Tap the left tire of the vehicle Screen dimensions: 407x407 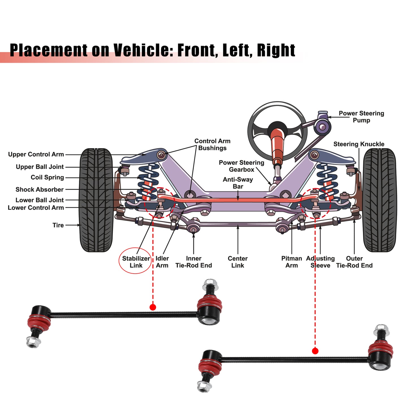(96, 200)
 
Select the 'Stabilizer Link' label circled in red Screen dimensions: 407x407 (136, 262)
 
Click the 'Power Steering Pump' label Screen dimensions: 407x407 (361, 116)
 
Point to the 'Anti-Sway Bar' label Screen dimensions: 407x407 (238, 183)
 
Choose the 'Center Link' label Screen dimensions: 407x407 (238, 262)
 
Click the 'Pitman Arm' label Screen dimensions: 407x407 (291, 262)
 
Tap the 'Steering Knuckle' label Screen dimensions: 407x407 (359, 144)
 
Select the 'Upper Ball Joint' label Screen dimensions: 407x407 (40, 167)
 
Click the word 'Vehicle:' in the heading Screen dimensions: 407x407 (143, 50)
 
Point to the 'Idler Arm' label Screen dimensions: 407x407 (162, 262)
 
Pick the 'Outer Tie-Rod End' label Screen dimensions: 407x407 (354, 262)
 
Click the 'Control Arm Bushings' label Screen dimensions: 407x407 (212, 144)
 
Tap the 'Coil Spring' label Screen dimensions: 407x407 (47, 177)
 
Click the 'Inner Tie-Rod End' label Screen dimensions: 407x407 (194, 262)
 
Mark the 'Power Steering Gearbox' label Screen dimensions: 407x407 (241, 166)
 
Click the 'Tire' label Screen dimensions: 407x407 (58, 225)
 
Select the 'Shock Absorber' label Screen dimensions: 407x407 (40, 189)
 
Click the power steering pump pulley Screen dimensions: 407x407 (322, 127)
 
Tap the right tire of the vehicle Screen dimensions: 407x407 (380, 200)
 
